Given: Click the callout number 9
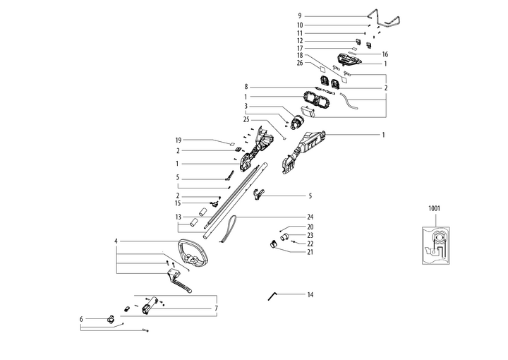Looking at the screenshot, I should pos(299,16).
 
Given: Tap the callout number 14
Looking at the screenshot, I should pos(310,293).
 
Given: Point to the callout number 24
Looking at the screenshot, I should pos(310,217).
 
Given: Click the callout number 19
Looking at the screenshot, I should pos(179,140).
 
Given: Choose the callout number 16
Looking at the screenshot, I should pos(385,54).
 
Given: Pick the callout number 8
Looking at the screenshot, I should pos(246,86).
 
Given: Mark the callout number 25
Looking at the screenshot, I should pos(246,120).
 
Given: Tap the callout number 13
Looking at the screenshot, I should pos(179,217).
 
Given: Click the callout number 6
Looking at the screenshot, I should pos(82,319).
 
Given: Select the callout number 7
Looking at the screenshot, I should pos(216,308).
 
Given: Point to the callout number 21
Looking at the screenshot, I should pos(310,251).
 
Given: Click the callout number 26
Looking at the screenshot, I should pos(300,63).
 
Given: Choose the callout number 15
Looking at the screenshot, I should pos(179,203).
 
